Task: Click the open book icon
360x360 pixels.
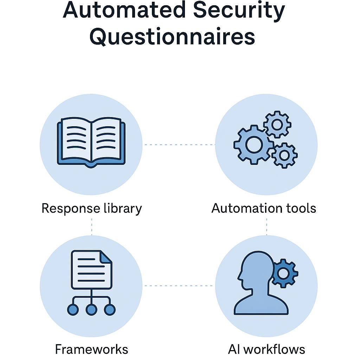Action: click(91, 142)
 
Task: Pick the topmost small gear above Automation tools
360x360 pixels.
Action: click(277, 124)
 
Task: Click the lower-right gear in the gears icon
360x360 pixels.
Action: click(284, 155)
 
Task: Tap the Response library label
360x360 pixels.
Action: click(92, 208)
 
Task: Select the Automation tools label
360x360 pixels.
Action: click(264, 208)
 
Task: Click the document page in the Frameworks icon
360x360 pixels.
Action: click(91, 269)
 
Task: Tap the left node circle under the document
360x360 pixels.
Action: click(73, 309)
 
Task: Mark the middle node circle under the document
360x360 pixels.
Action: click(91, 309)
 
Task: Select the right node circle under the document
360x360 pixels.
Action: click(110, 309)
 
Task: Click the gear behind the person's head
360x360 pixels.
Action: click(285, 272)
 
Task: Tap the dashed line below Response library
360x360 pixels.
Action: click(92, 226)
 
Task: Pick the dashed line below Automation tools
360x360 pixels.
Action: click(266, 226)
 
